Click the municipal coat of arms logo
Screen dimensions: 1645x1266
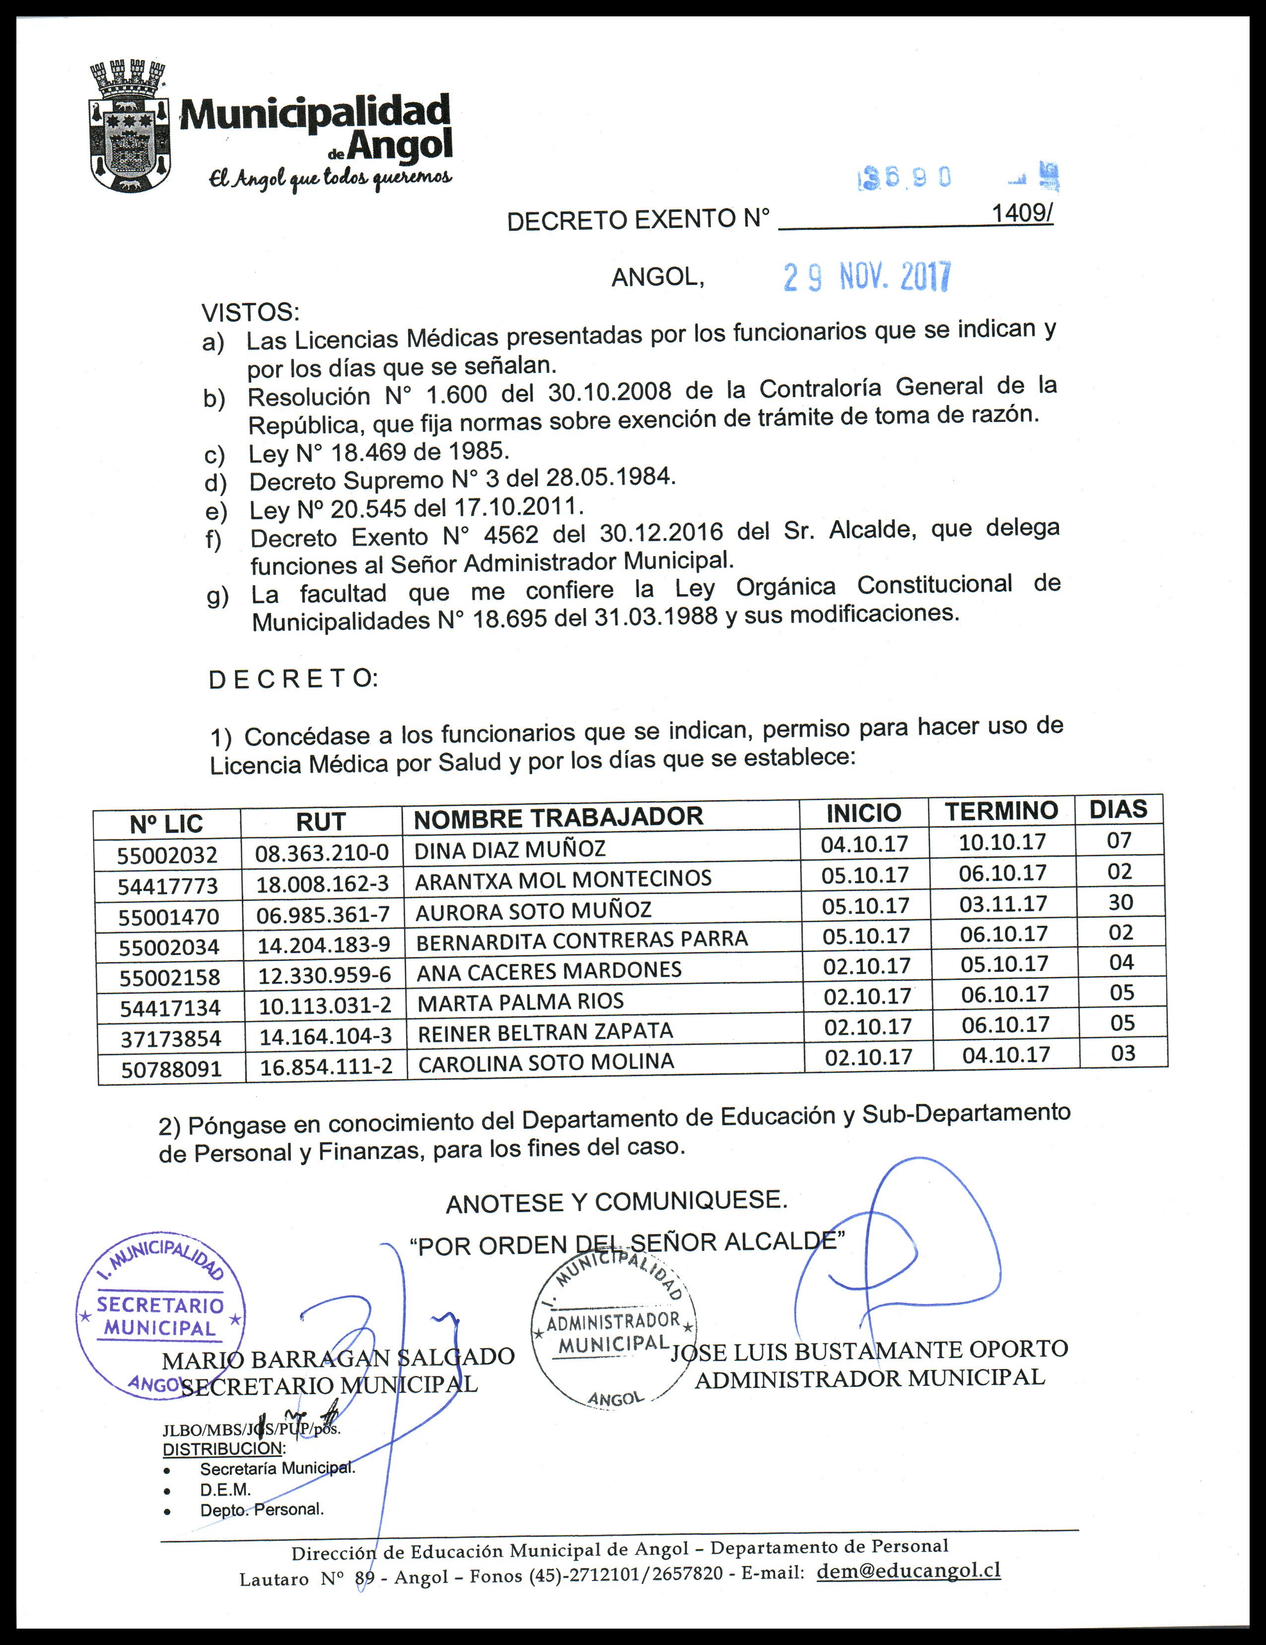tap(128, 127)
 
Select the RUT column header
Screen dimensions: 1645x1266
tap(320, 822)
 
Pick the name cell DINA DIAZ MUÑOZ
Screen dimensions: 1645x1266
tap(510, 850)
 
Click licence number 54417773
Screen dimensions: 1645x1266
tap(167, 886)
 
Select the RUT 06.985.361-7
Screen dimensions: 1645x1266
tap(323, 914)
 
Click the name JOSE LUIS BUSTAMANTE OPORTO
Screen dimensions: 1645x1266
tap(869, 1350)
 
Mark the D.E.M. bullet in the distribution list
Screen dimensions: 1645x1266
tap(225, 1489)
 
